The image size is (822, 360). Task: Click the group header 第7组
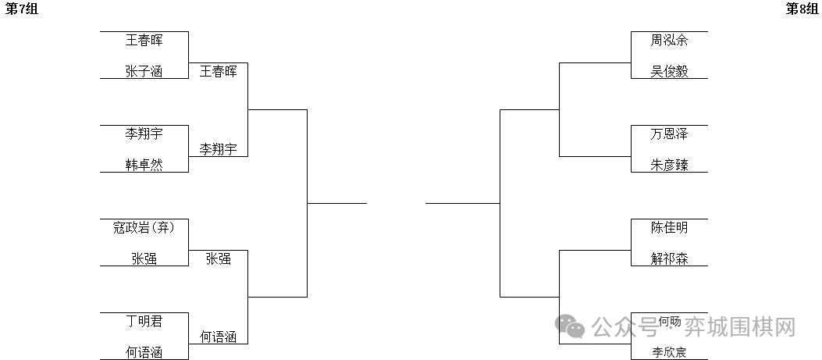coord(21,9)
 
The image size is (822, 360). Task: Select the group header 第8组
coord(801,9)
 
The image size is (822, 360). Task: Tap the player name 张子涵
coord(144,71)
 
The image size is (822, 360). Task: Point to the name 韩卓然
coord(144,165)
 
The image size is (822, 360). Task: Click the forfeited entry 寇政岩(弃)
coord(144,228)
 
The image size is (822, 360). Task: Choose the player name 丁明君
coord(144,321)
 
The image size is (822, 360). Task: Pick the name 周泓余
coord(669,40)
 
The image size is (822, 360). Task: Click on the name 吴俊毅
coord(669,71)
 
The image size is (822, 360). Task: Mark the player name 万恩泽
coord(669,134)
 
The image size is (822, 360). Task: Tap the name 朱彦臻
coord(669,165)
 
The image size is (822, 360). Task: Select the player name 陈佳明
coord(669,228)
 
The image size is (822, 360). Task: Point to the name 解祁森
coord(669,258)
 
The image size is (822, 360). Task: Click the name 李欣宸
coord(669,352)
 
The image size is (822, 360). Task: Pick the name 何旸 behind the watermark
coord(669,321)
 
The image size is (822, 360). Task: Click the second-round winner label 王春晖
coord(219,71)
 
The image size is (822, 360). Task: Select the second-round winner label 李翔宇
coord(219,149)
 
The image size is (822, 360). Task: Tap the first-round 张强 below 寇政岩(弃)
coord(144,258)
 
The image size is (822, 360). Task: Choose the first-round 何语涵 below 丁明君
coord(144,352)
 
